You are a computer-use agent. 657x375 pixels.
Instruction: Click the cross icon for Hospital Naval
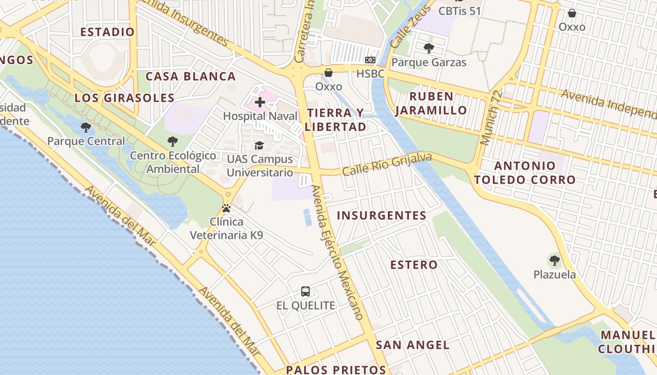click(x=260, y=102)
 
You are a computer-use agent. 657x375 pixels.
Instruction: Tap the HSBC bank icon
click(x=370, y=60)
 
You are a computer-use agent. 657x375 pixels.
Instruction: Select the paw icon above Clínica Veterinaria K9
click(x=226, y=208)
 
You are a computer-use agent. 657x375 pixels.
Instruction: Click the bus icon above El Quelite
click(x=306, y=292)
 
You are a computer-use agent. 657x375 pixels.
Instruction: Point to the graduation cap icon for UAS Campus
click(x=259, y=145)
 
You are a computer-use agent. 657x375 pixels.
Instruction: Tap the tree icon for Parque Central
click(x=86, y=127)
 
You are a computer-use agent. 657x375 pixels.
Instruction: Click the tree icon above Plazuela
click(x=554, y=260)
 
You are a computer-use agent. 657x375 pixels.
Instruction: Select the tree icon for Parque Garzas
click(x=428, y=48)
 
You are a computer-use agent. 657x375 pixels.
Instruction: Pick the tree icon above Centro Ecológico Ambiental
click(x=173, y=141)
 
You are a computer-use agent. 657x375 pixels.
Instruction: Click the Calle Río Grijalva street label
click(x=387, y=165)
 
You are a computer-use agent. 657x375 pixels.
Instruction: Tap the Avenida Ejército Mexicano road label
click(x=337, y=252)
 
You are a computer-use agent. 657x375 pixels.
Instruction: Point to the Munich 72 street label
click(x=491, y=117)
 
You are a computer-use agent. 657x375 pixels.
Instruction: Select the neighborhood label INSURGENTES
click(x=382, y=216)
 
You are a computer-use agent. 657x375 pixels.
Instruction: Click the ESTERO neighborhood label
click(x=414, y=265)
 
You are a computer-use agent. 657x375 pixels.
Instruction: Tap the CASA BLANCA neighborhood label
click(x=190, y=76)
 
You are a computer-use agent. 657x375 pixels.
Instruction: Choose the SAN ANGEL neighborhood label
click(x=413, y=345)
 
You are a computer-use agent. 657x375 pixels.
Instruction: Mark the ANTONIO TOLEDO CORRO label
click(x=525, y=172)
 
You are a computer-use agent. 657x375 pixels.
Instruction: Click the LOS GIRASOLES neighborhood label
click(x=124, y=98)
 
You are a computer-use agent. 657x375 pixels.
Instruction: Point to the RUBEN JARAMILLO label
click(x=431, y=103)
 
